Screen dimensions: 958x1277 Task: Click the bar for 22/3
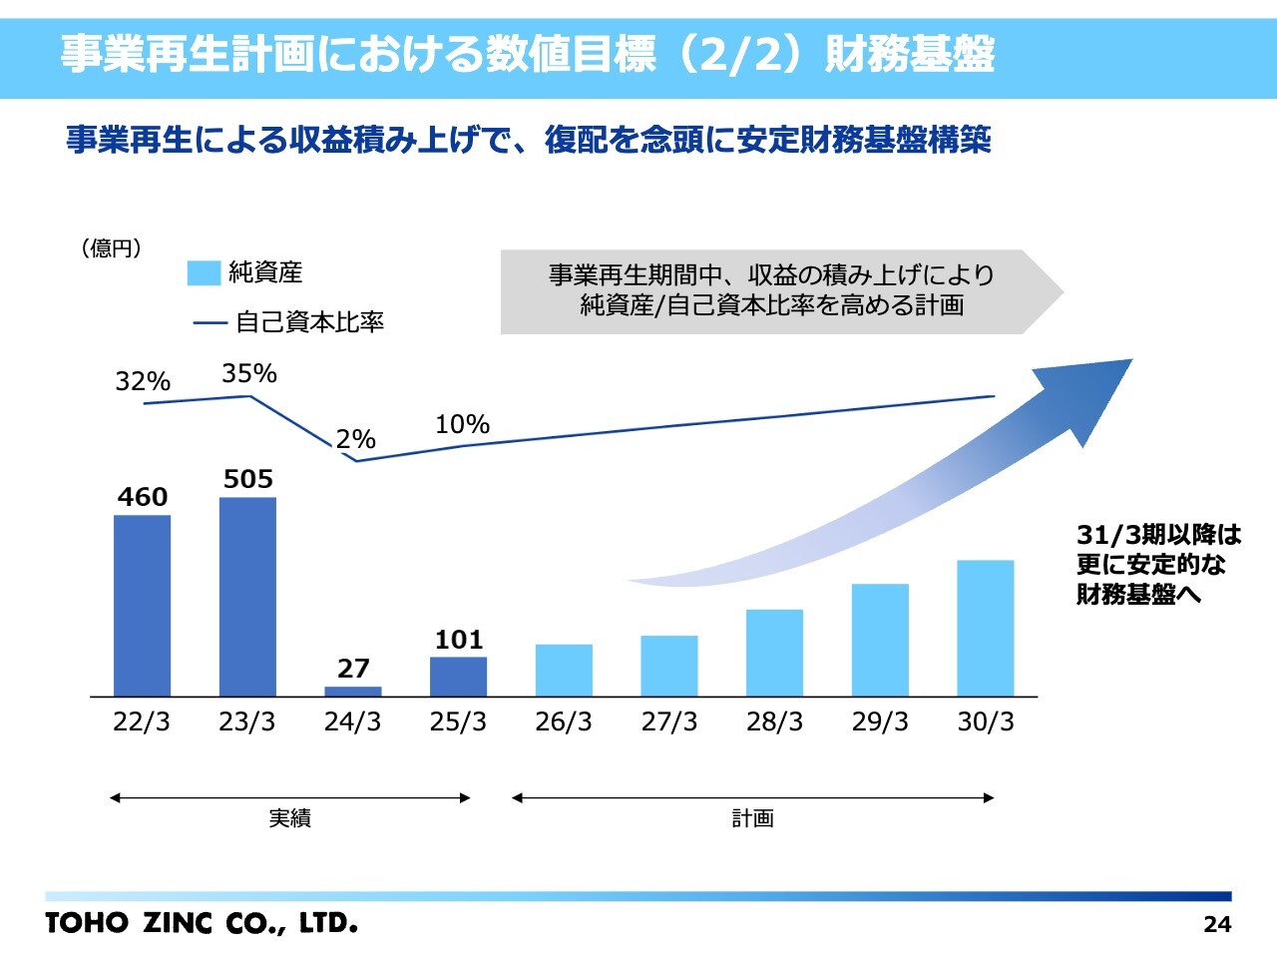pos(142,605)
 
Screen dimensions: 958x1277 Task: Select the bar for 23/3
pos(247,596)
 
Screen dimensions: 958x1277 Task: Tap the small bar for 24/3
pos(353,691)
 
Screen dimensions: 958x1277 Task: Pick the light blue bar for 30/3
pos(985,628)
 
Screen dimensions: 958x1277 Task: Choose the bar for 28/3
pos(774,653)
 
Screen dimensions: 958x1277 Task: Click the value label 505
pos(247,479)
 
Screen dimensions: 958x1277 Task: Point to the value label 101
pos(459,640)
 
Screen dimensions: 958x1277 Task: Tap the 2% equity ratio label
pos(355,439)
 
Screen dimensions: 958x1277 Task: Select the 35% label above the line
pos(248,373)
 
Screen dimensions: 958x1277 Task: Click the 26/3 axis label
pos(564,721)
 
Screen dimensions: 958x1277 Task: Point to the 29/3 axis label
pos(880,721)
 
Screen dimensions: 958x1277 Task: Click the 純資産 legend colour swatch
pos(204,272)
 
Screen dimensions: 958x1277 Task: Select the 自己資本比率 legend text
pos(309,321)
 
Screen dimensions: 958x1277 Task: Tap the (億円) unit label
pos(111,247)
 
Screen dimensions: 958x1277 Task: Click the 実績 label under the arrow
pos(289,818)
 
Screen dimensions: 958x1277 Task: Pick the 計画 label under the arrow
pos(752,818)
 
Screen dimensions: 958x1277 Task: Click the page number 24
pos(1217,924)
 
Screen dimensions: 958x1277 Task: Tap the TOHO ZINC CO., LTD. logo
pos(202,923)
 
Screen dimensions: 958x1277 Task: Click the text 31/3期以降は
pos(1159,535)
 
